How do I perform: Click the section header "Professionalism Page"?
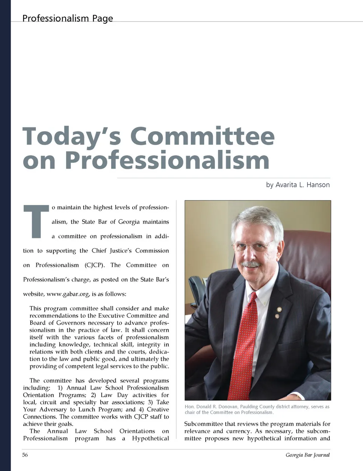[x=67, y=18]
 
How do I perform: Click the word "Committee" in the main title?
[x=202, y=136]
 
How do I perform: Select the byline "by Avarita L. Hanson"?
[x=298, y=185]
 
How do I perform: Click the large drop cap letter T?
[x=36, y=221]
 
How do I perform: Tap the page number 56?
[x=25, y=455]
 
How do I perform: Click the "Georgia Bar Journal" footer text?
[x=307, y=455]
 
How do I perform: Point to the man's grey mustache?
[x=251, y=264]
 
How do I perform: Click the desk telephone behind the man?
[x=196, y=288]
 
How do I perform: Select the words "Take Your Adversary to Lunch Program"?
[x=96, y=406]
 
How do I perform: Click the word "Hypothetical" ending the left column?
[x=150, y=438]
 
